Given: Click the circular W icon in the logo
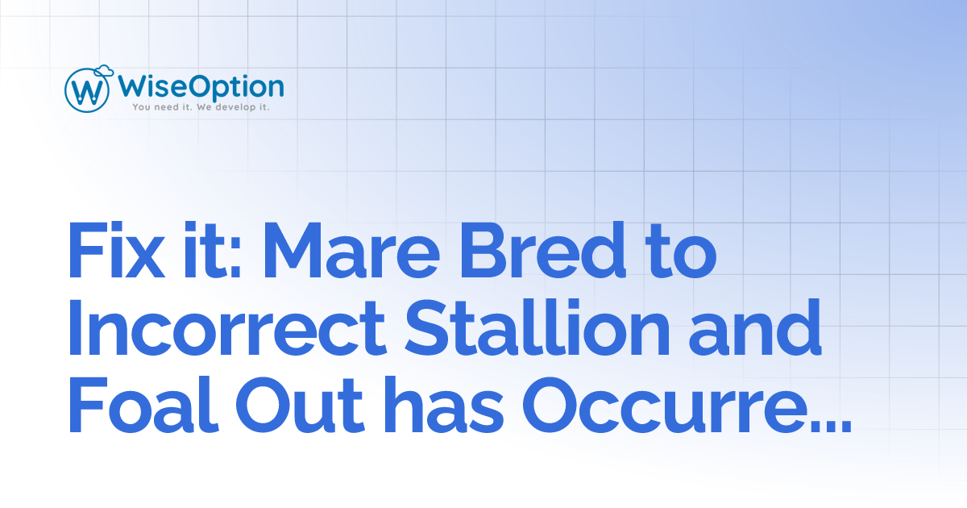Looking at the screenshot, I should coord(87,90).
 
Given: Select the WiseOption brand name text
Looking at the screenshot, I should coord(201,85).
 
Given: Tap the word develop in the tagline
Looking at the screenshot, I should coord(231,106).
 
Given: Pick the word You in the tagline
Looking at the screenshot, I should coord(142,106).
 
